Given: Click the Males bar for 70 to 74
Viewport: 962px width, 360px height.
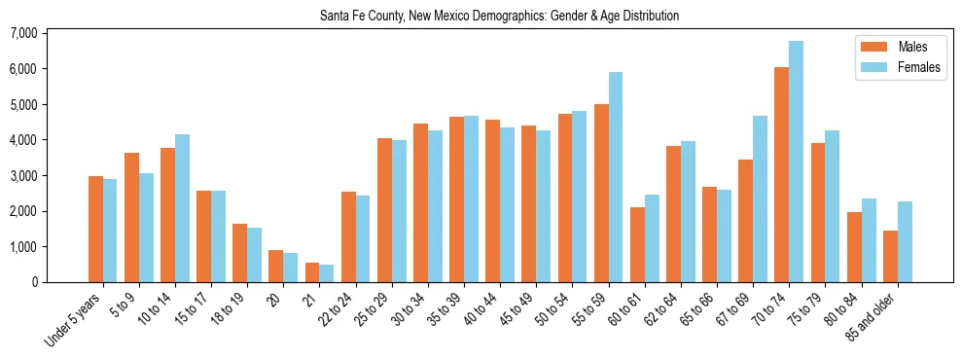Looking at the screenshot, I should pyautogui.click(x=782, y=175).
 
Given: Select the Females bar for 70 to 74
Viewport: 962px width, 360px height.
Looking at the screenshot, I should pyautogui.click(x=797, y=162).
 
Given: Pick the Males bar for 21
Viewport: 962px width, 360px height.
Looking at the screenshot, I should pyautogui.click(x=312, y=272).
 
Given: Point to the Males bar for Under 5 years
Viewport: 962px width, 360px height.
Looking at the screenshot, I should pyautogui.click(x=95, y=230).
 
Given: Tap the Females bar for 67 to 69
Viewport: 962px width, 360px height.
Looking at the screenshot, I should pyautogui.click(x=760, y=199).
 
